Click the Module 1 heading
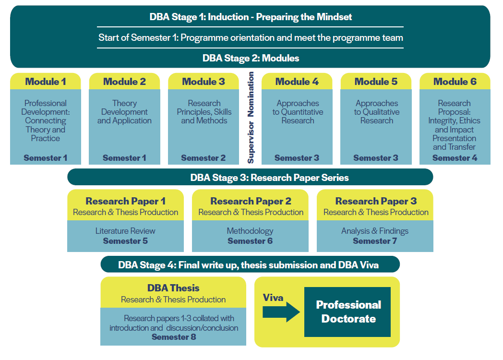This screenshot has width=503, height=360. pos(46,82)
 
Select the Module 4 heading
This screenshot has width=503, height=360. pos(297,82)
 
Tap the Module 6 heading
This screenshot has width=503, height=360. pos(455,82)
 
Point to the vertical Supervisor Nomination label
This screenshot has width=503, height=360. pos(251,118)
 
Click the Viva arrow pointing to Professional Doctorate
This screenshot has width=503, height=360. pos(281,312)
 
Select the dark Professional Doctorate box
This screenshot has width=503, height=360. pos(348,312)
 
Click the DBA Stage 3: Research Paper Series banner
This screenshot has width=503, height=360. pos(250,178)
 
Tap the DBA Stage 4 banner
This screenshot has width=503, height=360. pos(250,265)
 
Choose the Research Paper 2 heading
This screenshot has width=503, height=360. pos(251,201)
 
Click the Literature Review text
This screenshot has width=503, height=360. pos(125,231)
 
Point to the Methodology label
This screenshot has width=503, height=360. pos(250,231)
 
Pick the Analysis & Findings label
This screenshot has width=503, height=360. pos(375,231)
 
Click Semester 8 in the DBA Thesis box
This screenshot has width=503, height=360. pos(174,337)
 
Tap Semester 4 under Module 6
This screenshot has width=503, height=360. pos(455,158)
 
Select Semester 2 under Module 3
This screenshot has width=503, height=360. pos(203,158)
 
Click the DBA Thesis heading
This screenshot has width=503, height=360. pos(173,288)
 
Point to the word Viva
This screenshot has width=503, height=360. pos(273,298)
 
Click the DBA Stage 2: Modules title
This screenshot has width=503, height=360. pos(251,59)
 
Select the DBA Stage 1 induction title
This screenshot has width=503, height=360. pos(251,17)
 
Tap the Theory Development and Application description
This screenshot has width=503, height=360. pos(124,112)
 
